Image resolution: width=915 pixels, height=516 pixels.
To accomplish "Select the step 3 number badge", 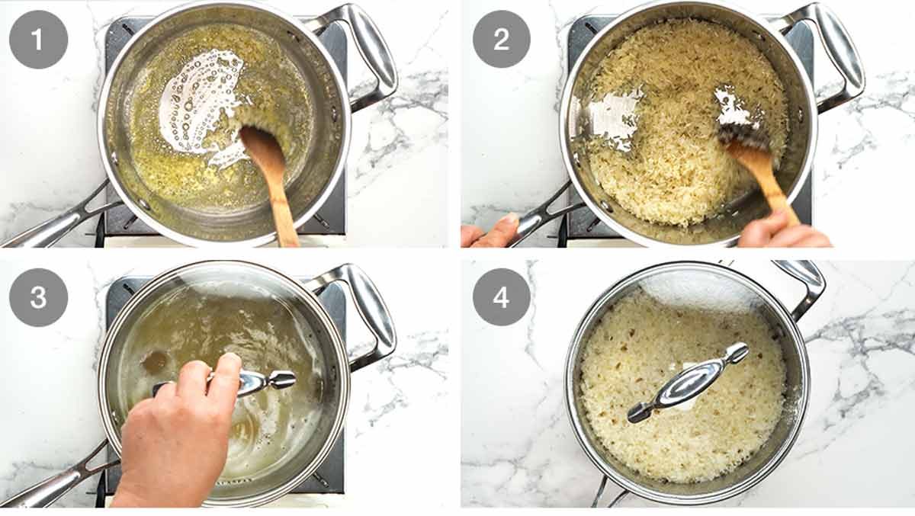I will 38,297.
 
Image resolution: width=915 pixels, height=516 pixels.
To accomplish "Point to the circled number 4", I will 502,297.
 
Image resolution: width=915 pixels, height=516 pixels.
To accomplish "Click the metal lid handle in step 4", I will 686,381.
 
